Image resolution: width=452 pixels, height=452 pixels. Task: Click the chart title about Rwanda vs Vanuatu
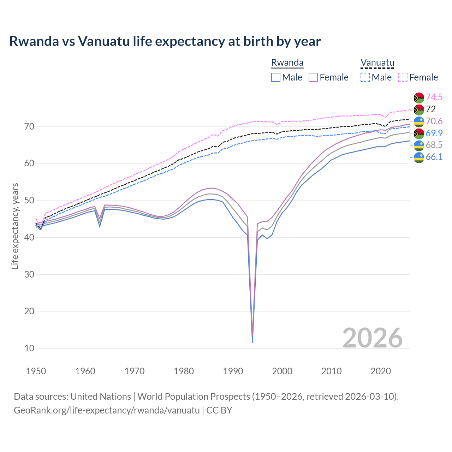pos(165,41)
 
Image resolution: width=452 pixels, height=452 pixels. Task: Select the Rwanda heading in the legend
pos(287,63)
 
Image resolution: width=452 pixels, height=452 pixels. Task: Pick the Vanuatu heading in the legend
pos(377,63)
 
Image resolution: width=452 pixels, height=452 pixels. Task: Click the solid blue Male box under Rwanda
pos(276,77)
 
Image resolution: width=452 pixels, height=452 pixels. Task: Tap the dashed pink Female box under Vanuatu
pos(403,77)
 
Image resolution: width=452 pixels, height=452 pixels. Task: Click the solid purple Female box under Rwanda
pos(313,77)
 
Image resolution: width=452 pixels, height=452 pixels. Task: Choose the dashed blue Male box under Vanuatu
pos(365,77)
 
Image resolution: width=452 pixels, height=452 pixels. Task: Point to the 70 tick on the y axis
pos(29,126)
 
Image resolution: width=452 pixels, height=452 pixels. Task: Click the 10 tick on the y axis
pos(29,348)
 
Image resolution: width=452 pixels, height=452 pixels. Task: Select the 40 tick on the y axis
pos(29,237)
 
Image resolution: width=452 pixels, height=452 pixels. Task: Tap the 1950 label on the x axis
pos(36,371)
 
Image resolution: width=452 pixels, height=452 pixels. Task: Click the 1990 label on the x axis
pos(233,371)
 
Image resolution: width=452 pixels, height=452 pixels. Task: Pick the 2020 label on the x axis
pos(381,371)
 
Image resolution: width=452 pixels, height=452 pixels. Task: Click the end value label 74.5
pos(434,97)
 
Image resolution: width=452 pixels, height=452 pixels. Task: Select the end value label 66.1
pos(434,157)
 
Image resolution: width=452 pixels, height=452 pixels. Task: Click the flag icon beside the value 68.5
pos(419,145)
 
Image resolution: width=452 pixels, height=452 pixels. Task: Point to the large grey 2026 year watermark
pos(372,338)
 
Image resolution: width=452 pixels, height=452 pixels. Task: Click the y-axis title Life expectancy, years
pos(15,226)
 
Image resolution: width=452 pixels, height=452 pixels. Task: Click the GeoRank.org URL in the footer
pos(107,410)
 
